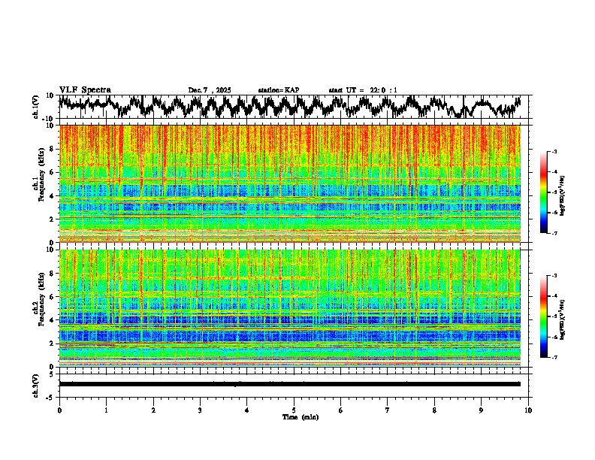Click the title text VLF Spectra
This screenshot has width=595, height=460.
point(85,89)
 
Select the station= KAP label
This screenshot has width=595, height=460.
point(278,90)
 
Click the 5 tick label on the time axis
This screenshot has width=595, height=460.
point(294,410)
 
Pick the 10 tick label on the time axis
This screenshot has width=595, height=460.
point(528,410)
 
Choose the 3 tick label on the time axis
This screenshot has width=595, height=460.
point(200,410)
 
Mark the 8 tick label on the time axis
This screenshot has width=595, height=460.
point(434,410)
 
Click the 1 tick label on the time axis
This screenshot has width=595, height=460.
point(106,410)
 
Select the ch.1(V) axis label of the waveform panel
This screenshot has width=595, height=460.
point(36,107)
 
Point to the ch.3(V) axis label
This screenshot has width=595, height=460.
point(36,384)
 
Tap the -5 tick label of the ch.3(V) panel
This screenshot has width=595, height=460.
point(50,396)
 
